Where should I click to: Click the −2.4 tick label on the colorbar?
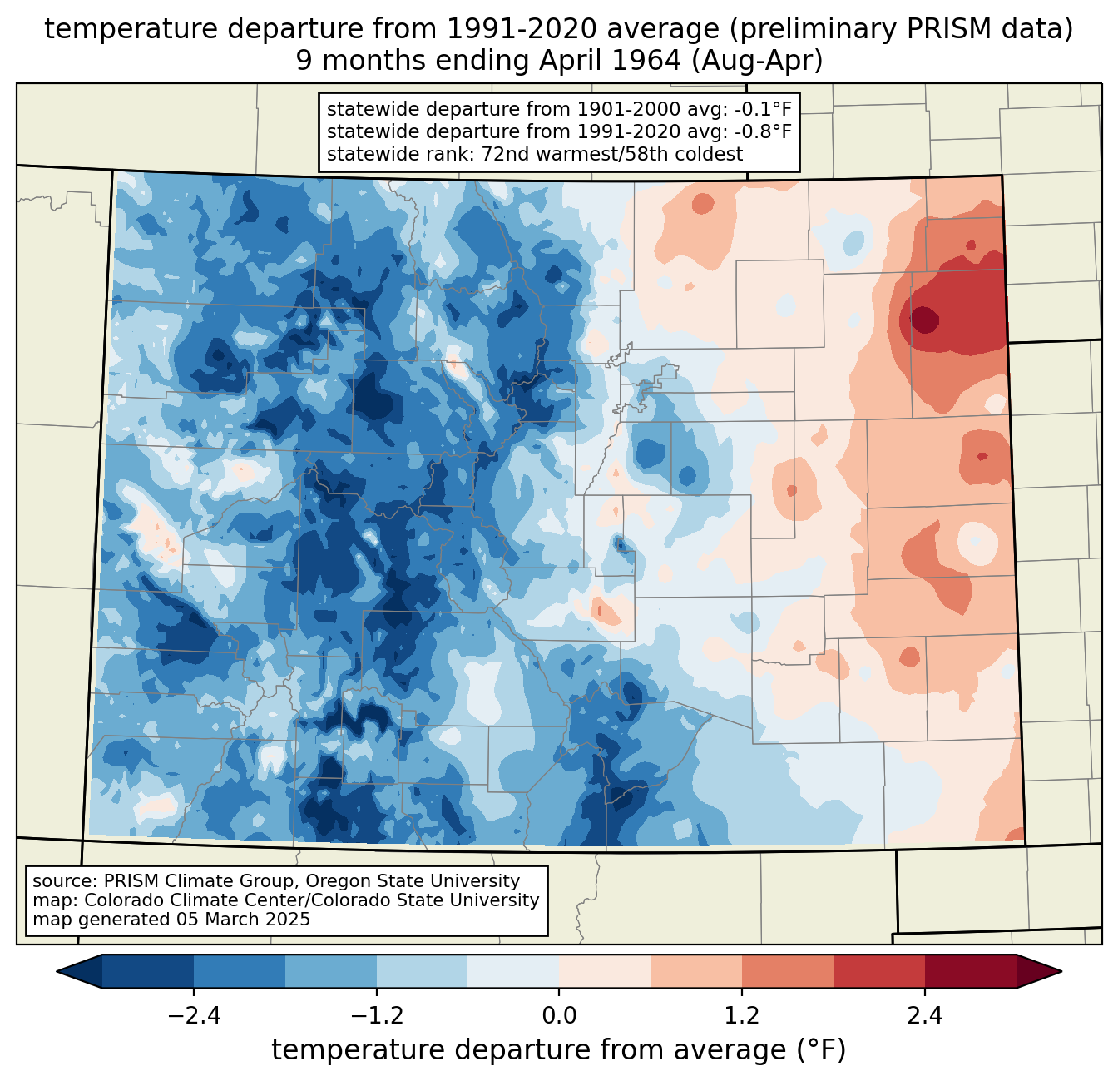tap(194, 1016)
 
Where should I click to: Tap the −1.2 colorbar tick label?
tap(377, 1016)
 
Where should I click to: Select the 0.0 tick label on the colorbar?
tap(559, 1016)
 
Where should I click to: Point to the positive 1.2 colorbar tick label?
tap(742, 1016)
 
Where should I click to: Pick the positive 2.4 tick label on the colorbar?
tap(925, 1016)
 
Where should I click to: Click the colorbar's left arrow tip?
tap(57, 972)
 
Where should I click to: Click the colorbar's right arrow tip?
tap(1061, 972)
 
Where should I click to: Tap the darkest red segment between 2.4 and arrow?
tap(971, 972)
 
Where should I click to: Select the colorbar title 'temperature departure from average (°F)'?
tap(558, 1050)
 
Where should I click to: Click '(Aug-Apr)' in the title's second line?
tap(757, 61)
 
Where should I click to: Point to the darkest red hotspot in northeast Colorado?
tap(924, 320)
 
